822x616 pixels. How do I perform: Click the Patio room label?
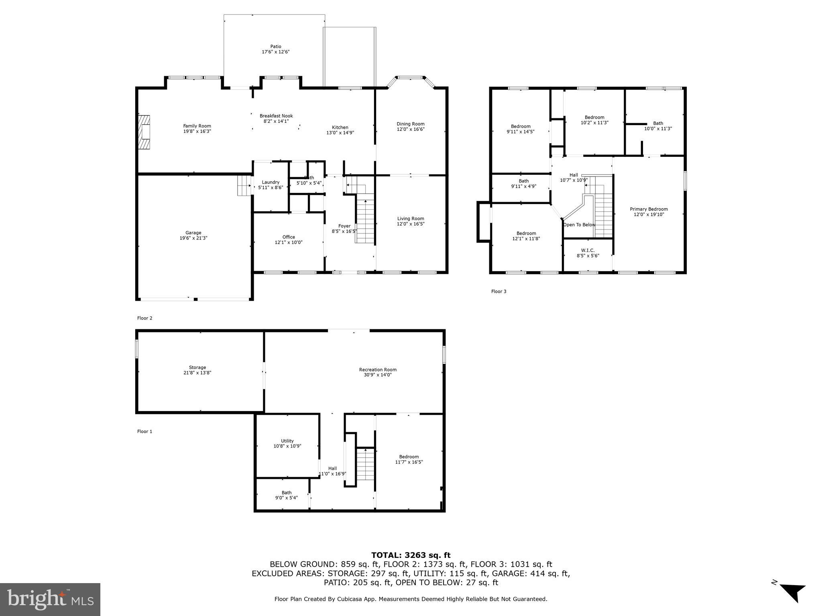tap(275, 47)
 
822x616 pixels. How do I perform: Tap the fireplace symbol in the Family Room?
tap(144, 132)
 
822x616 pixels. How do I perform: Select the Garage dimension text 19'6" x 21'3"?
tap(193, 238)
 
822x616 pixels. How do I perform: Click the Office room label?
tap(288, 237)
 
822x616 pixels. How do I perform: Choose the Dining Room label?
tap(410, 124)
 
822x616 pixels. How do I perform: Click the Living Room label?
tap(410, 219)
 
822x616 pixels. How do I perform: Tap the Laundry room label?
tap(271, 182)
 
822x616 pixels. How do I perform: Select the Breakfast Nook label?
tap(276, 116)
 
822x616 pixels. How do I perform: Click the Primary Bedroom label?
tap(649, 209)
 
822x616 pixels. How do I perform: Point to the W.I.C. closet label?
tap(588, 250)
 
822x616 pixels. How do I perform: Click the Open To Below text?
tap(579, 225)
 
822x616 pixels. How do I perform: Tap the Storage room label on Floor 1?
tap(197, 367)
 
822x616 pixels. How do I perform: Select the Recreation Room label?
tap(377, 370)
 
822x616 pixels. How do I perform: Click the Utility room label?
tap(287, 441)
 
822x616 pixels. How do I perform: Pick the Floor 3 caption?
tap(498, 292)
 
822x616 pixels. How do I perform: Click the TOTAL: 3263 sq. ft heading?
tap(411, 555)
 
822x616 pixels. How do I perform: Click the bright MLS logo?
tap(50, 599)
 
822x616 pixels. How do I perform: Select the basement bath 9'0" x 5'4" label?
tap(286, 495)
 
